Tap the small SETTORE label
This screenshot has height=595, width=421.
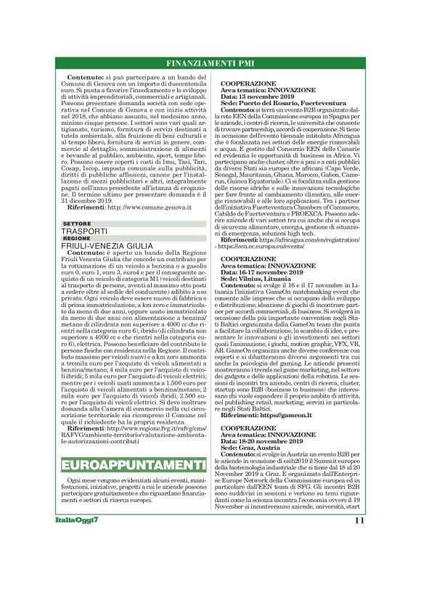click(x=77, y=223)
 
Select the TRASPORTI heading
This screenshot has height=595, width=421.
click(x=86, y=231)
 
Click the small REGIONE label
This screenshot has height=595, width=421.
click(x=77, y=238)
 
